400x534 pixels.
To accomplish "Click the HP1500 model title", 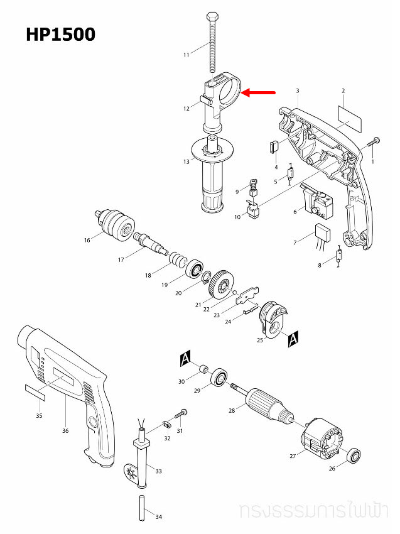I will tap(60, 34).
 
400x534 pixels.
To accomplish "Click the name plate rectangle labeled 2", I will tap(350, 116).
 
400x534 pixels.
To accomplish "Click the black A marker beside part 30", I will tap(185, 359).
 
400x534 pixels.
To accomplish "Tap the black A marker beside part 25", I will tap(292, 340).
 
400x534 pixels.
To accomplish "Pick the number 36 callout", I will tap(65, 430).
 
